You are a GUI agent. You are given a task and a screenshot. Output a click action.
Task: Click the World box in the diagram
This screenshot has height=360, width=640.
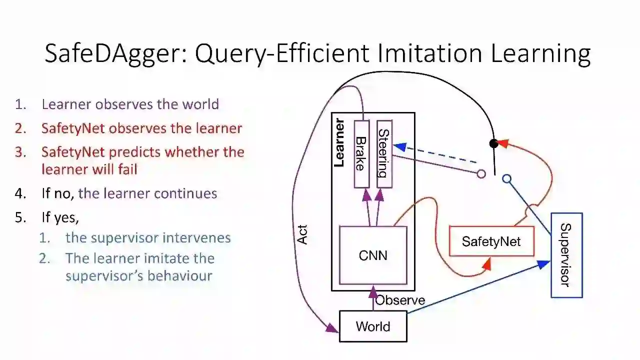click(x=373, y=326)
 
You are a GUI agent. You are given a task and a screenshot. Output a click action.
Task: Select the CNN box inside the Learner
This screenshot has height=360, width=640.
click(x=373, y=255)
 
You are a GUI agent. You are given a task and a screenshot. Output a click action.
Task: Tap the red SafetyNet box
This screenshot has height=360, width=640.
click(x=491, y=241)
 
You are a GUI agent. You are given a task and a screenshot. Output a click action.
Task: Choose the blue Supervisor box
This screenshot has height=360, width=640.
click(x=566, y=255)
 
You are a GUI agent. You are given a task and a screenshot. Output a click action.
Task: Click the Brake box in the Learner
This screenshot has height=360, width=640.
click(x=361, y=154)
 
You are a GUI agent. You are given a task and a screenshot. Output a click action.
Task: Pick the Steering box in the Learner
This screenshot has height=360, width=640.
click(x=384, y=154)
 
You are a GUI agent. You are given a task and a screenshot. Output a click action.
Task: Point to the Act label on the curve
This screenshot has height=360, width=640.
click(x=302, y=234)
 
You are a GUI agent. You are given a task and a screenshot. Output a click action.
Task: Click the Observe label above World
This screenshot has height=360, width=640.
click(x=400, y=300)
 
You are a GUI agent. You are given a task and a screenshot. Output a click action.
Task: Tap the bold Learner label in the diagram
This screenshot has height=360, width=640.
click(x=339, y=142)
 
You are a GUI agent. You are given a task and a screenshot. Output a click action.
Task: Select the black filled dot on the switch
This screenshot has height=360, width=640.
click(x=494, y=143)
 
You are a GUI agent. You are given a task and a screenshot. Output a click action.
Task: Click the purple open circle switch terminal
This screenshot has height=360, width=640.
click(x=481, y=174)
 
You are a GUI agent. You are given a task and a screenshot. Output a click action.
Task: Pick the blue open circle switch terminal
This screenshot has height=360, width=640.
click(x=506, y=178)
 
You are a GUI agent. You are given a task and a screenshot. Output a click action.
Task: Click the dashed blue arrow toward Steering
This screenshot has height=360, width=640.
click(x=435, y=154)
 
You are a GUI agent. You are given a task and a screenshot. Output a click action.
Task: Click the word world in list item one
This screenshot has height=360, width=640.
click(x=200, y=104)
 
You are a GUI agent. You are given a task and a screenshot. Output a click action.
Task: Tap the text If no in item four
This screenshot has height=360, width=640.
click(x=58, y=193)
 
